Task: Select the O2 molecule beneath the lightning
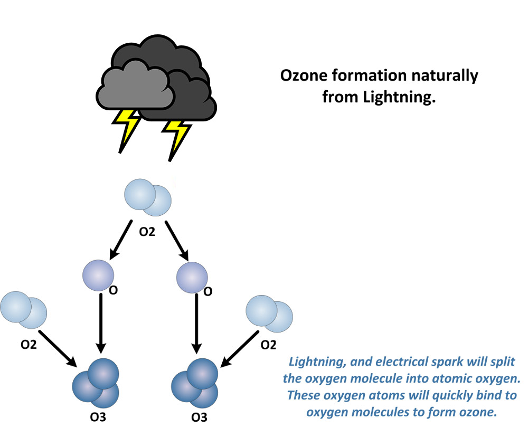[x=148, y=197]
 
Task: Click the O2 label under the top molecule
[x=147, y=232]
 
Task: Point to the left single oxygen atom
[x=98, y=275]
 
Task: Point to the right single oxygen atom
[x=192, y=278]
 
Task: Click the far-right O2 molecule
[x=269, y=314]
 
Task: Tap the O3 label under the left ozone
[x=98, y=417]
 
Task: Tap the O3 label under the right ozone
[x=200, y=417]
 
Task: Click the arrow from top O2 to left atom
[x=121, y=240]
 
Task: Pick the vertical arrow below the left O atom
[x=101, y=323]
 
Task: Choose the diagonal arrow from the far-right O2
[x=239, y=349]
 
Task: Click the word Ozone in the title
[x=304, y=75]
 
